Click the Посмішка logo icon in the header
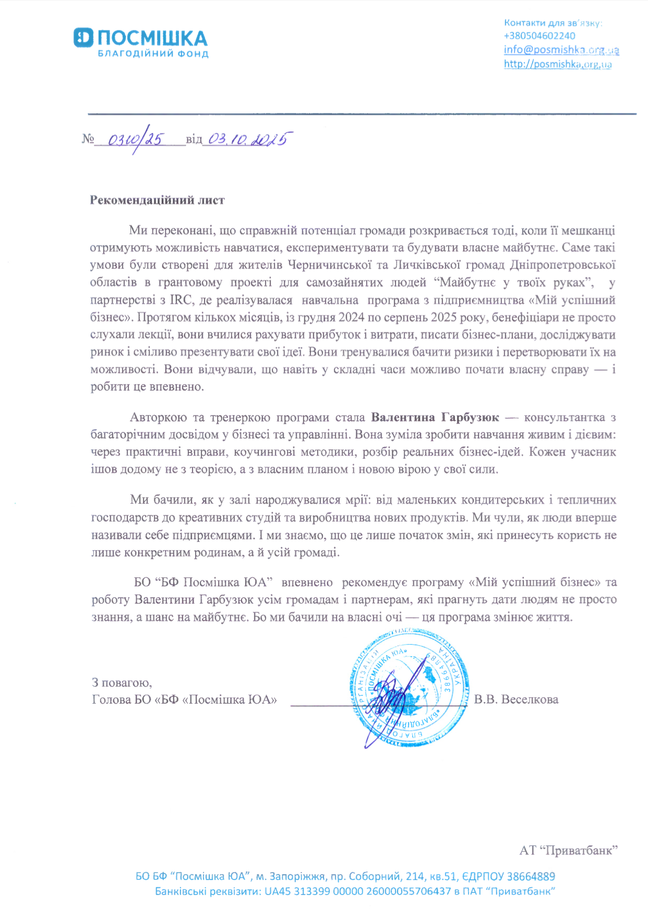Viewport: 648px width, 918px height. [83, 39]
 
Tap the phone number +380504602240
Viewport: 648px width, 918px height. [539, 36]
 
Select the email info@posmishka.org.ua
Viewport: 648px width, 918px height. [561, 50]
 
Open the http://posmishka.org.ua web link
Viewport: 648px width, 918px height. [557, 64]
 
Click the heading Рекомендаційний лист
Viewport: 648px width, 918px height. [157, 200]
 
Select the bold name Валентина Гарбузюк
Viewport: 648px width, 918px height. [435, 417]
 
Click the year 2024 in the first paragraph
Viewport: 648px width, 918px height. [351, 317]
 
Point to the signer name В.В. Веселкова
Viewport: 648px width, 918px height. [516, 699]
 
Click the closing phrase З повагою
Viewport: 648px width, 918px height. [122, 682]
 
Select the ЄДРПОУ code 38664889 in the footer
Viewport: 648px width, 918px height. [531, 877]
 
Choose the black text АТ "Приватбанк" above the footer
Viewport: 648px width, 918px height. [568, 851]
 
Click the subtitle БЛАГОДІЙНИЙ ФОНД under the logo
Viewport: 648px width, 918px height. [153, 54]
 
